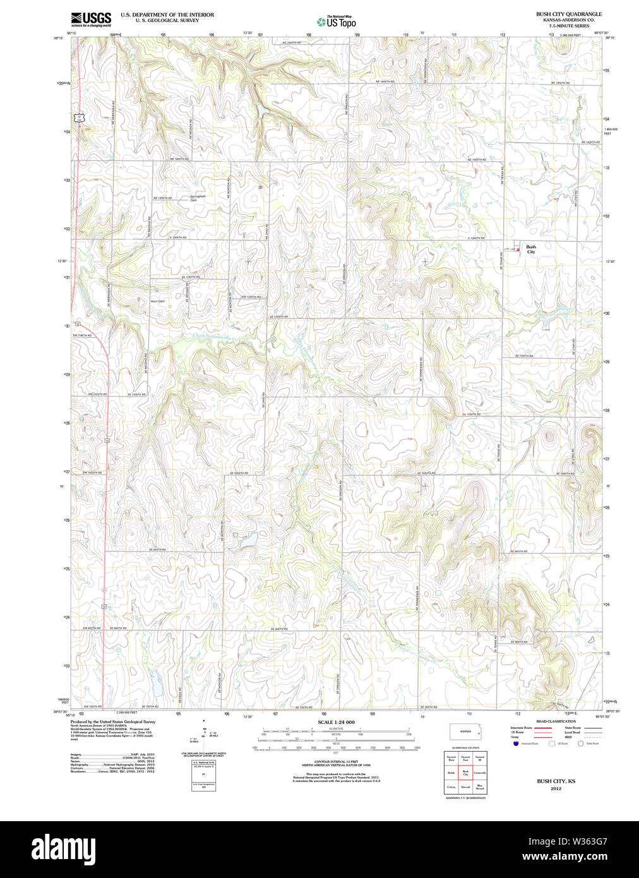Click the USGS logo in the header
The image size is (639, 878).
point(91,19)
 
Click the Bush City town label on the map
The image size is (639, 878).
point(531,250)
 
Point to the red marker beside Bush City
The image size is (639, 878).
point(518,250)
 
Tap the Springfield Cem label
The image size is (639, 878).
point(198,198)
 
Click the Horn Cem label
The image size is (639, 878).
point(157,301)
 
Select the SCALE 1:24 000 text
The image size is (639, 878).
point(336,722)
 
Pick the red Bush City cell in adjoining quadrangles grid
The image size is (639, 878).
point(466,773)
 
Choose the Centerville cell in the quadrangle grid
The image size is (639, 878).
point(481,773)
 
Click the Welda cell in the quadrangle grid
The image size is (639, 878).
point(451,773)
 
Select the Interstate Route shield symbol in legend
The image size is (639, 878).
point(516,743)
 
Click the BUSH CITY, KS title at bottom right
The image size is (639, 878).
point(556,781)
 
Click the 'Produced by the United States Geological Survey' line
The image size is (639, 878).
point(112,721)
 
